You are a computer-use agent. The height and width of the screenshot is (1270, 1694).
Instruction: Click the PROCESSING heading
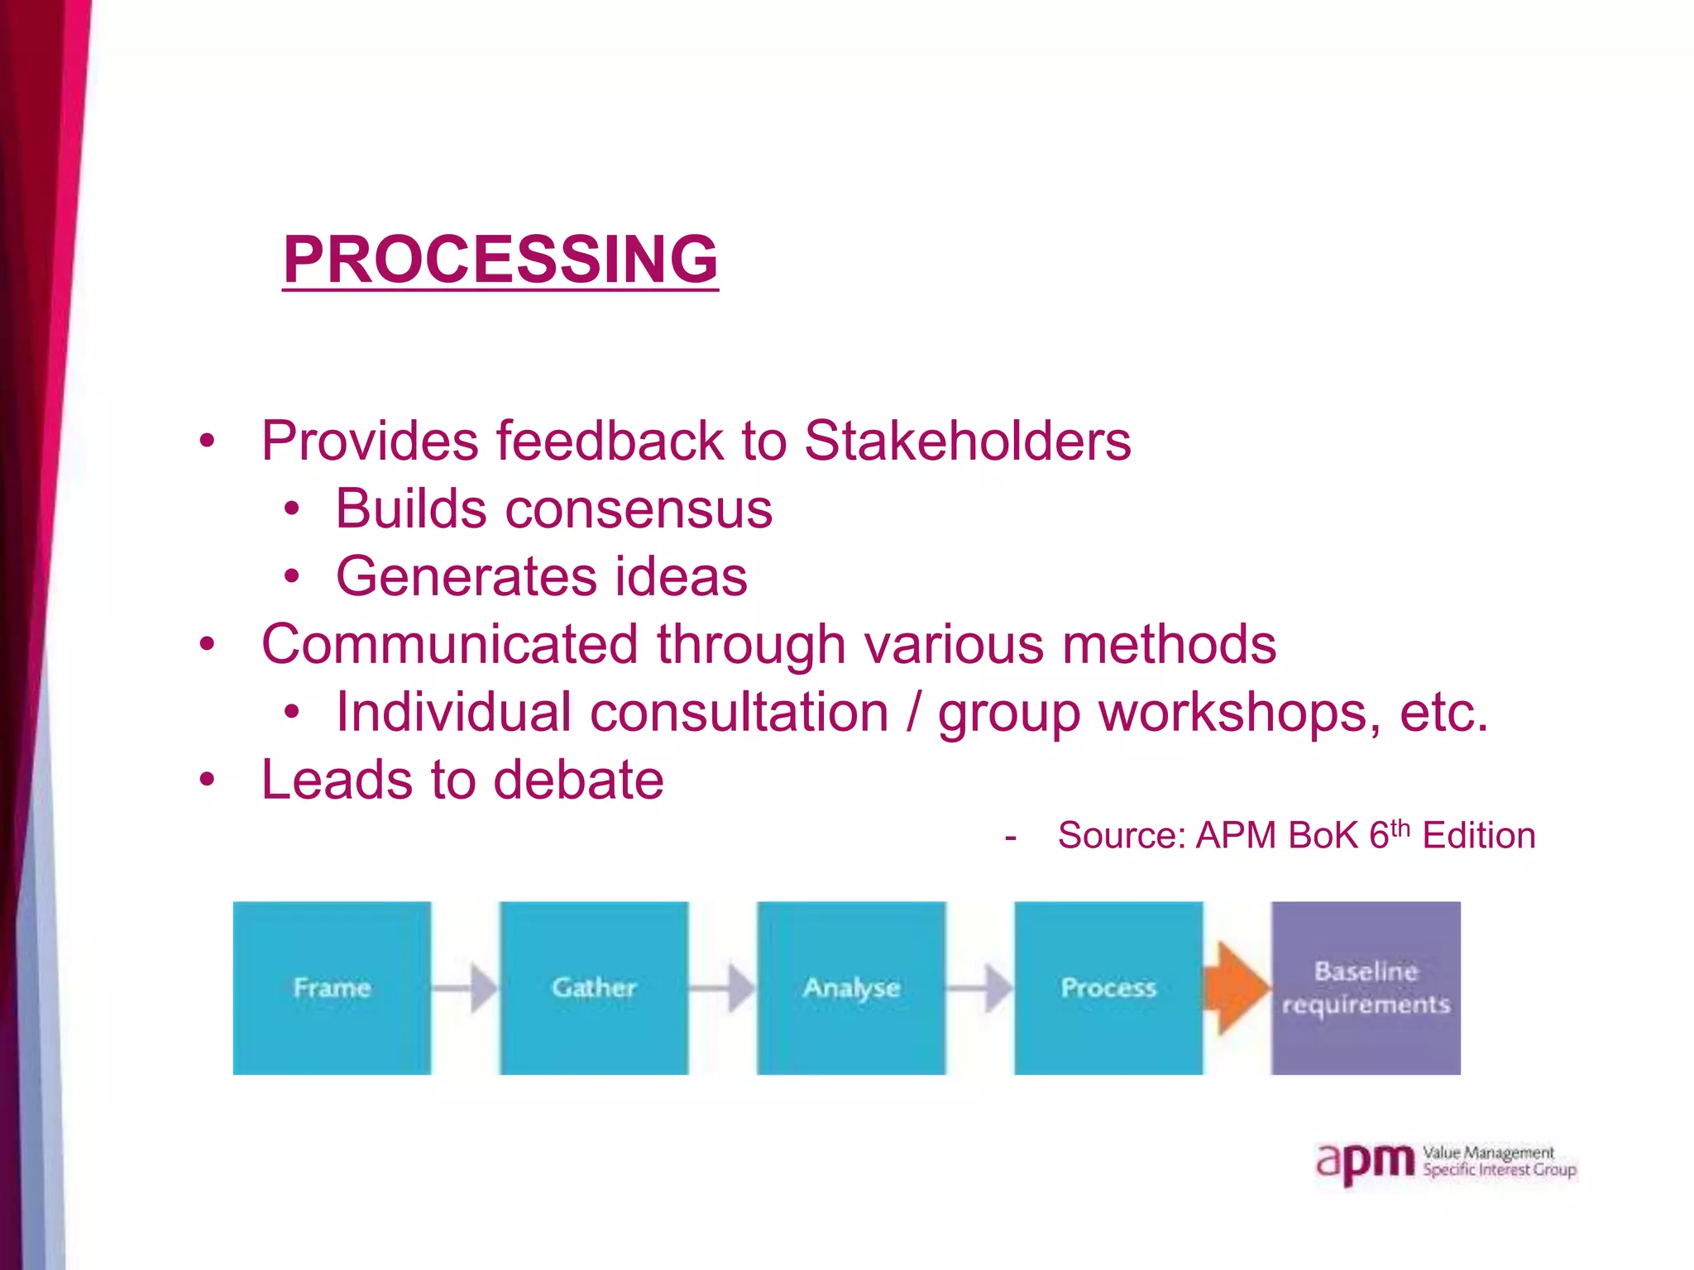(500, 259)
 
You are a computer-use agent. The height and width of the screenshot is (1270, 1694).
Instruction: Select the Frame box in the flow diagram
(332, 987)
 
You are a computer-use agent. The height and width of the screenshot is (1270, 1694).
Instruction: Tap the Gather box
(594, 987)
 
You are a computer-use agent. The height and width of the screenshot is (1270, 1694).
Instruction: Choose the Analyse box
(851, 987)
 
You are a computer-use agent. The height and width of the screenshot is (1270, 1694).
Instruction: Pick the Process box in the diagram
(1108, 987)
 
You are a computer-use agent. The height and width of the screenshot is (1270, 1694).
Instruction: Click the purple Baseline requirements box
(1366, 987)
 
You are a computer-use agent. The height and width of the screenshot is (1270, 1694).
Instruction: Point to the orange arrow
(1237, 987)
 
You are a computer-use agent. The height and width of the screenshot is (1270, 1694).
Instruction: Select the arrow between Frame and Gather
(466, 987)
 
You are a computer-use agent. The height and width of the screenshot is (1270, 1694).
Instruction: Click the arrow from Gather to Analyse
(723, 987)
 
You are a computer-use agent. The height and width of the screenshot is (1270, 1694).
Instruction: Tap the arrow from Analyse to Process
(980, 987)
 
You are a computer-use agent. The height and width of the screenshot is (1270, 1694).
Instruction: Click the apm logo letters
(1366, 1163)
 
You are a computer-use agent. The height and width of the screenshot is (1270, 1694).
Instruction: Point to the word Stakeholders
(967, 440)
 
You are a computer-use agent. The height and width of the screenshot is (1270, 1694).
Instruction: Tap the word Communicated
(450, 644)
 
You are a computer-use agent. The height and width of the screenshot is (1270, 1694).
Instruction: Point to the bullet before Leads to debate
(207, 780)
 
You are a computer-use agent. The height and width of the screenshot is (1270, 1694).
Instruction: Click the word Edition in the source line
(1478, 836)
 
